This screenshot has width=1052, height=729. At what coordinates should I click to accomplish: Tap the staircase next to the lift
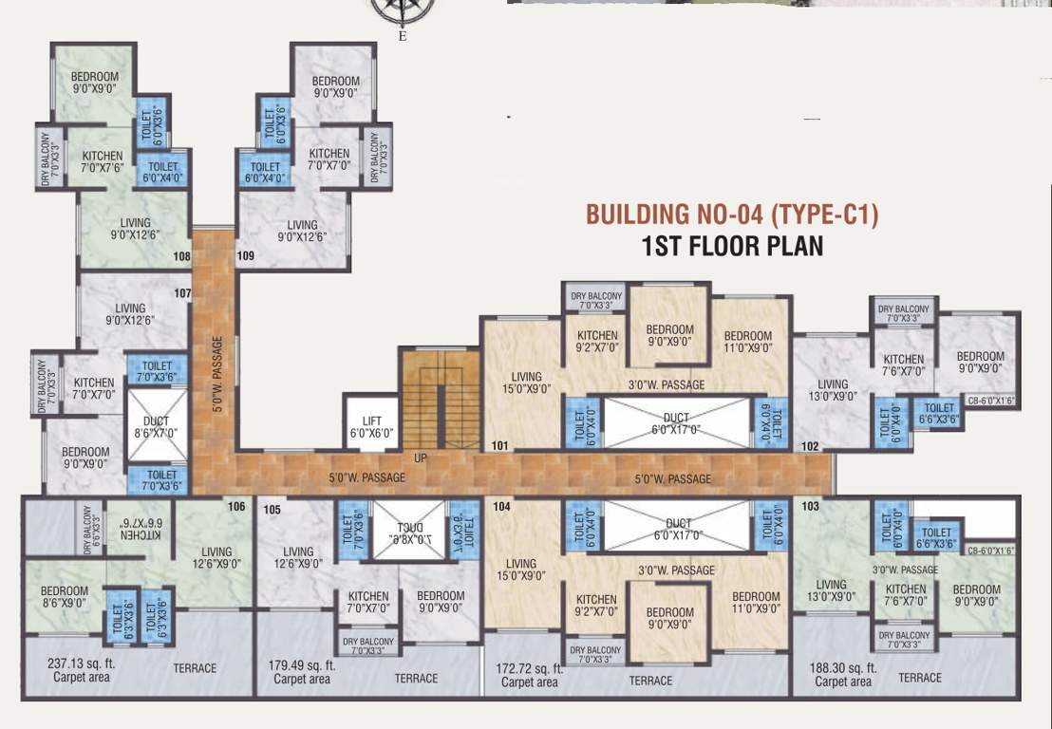coord(438,398)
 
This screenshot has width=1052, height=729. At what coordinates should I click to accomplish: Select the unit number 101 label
coord(500,445)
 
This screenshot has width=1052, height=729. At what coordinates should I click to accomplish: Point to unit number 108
coord(181,256)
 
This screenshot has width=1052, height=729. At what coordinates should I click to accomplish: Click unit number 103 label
coord(810,508)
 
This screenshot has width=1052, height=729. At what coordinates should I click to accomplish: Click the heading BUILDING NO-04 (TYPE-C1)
coord(732,215)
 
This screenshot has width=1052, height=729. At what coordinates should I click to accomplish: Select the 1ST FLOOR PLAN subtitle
coord(732,247)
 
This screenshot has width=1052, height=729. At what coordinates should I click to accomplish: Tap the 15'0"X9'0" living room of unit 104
coord(521,569)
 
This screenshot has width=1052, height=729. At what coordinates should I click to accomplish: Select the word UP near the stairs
coord(419,458)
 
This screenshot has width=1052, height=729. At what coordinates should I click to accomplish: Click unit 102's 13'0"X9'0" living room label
coord(831,390)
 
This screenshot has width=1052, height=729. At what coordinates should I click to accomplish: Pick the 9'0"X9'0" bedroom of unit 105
coord(440,602)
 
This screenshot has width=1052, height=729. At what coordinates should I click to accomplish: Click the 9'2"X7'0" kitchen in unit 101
coord(596,342)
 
